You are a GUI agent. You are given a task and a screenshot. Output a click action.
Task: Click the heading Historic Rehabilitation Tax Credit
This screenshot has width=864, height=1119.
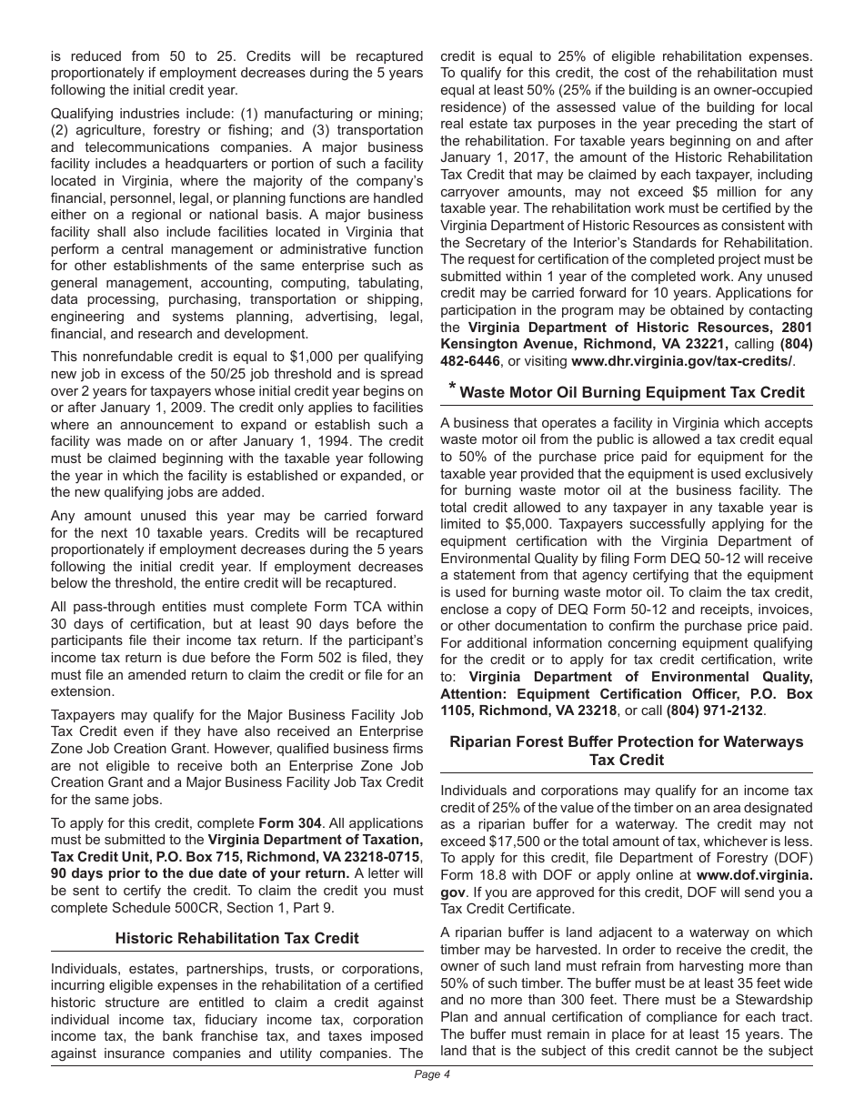click(236, 938)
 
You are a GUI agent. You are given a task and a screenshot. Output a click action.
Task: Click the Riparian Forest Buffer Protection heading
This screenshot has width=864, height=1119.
click(627, 751)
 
